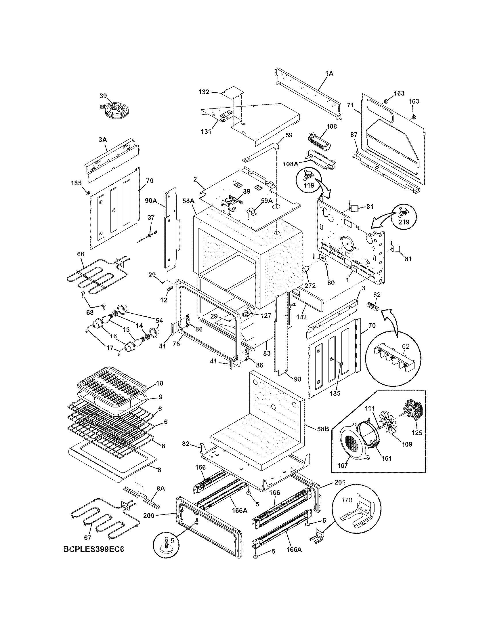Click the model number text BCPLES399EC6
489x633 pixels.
point(94,557)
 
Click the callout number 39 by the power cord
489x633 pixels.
point(103,96)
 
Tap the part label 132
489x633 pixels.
point(204,92)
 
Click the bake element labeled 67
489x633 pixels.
point(104,521)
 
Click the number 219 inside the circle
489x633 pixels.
point(404,222)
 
